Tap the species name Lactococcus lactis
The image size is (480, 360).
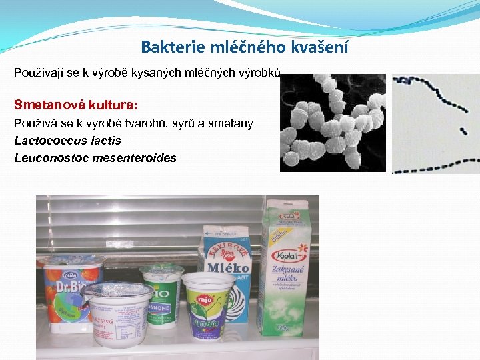click(67, 141)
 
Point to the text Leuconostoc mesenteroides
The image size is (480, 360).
click(95, 158)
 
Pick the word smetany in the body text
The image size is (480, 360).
click(232, 123)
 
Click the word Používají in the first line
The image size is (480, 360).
click(37, 72)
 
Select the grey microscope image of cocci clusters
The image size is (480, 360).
click(333, 123)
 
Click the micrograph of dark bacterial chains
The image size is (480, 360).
click(435, 123)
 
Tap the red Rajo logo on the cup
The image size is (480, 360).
click(205, 299)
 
